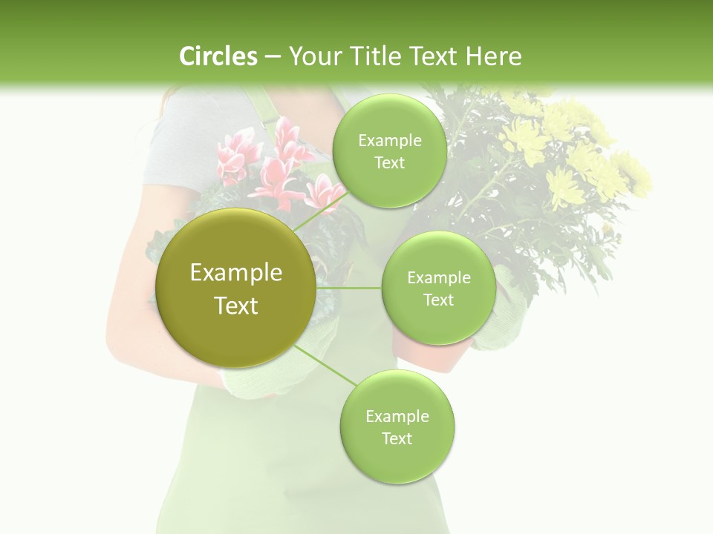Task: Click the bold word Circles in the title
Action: coord(218,56)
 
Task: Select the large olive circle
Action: coord(236,288)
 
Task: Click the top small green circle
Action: coord(389,151)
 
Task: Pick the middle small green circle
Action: coord(438,288)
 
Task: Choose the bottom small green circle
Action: coord(397,426)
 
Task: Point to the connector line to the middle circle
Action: coord(349,288)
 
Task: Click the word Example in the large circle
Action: coord(236,273)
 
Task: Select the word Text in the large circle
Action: coord(236,306)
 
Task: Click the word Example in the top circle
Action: coord(389,141)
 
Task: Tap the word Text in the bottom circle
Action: coord(397,438)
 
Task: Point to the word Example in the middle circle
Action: coord(438,278)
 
